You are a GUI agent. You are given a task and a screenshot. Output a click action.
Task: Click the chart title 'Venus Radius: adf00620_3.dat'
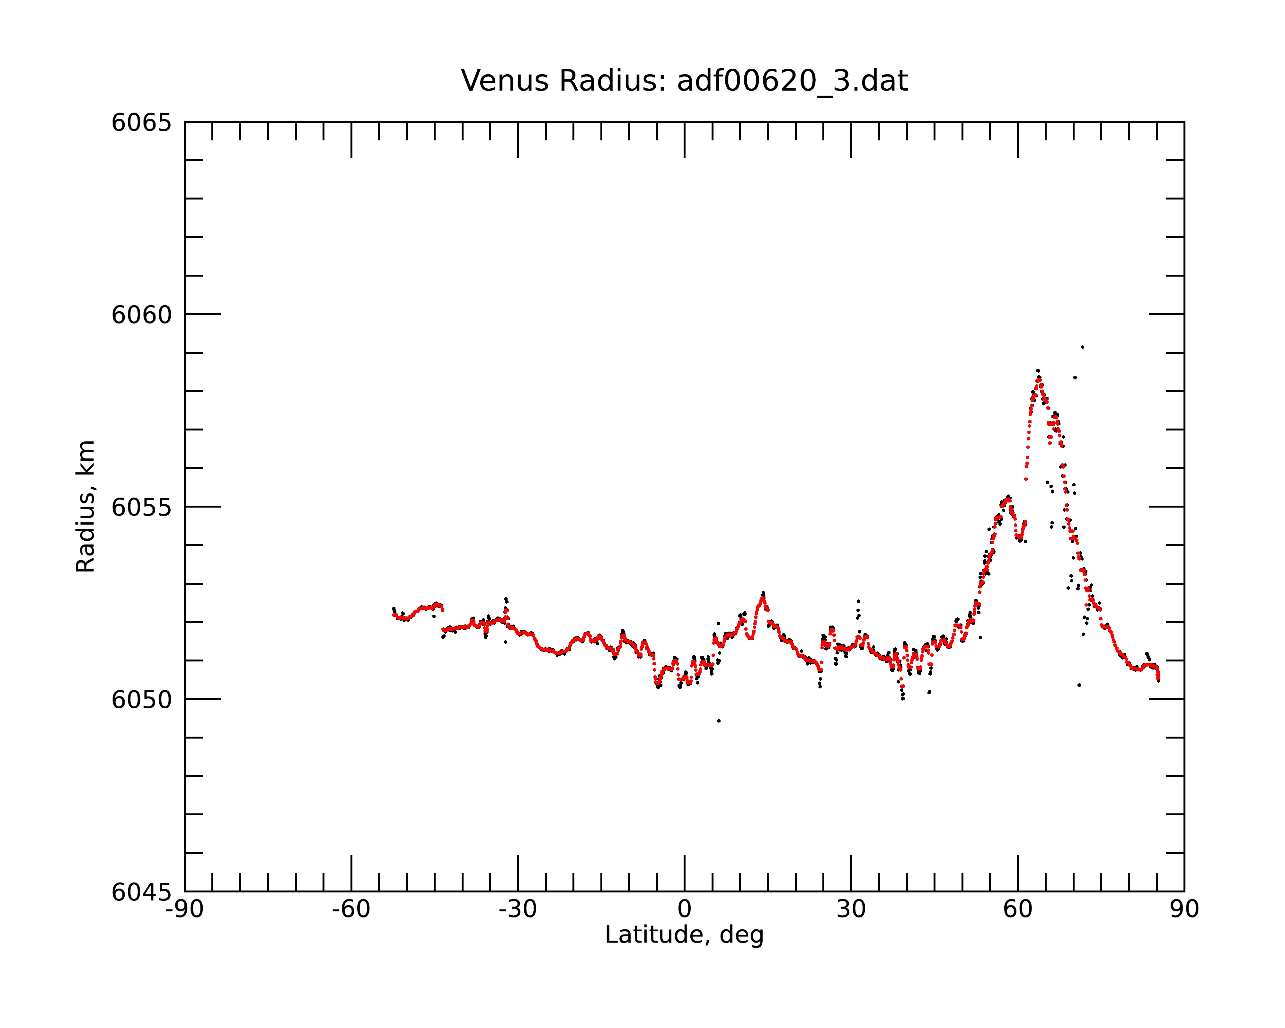pyautogui.click(x=684, y=81)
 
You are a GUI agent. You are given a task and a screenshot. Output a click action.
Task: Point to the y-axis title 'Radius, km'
pyautogui.click(x=85, y=507)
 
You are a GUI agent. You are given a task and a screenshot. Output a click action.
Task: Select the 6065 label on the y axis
pyautogui.click(x=141, y=123)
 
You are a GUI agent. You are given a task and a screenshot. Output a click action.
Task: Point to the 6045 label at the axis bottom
pyautogui.click(x=141, y=892)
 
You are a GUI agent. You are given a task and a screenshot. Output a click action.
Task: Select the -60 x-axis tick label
pyautogui.click(x=351, y=909)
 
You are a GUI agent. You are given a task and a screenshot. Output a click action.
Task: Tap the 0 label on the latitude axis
pyautogui.click(x=684, y=909)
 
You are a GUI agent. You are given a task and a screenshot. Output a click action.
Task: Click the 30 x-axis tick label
pyautogui.click(x=851, y=909)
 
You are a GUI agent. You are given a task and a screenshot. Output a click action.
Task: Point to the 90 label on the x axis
pyautogui.click(x=1184, y=909)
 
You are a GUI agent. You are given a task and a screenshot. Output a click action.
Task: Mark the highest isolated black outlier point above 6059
pyautogui.click(x=1082, y=347)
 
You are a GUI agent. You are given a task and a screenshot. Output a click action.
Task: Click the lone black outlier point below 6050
pyautogui.click(x=719, y=721)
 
